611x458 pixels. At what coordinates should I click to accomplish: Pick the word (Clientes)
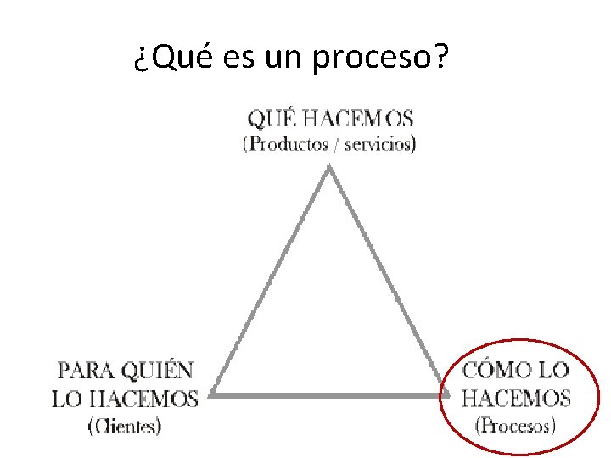125,427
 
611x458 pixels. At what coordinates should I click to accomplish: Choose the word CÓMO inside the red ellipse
496,371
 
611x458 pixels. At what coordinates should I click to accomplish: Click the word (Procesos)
516,426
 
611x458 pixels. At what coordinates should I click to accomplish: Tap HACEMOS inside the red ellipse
516,398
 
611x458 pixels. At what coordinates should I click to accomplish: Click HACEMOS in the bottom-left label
145,398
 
